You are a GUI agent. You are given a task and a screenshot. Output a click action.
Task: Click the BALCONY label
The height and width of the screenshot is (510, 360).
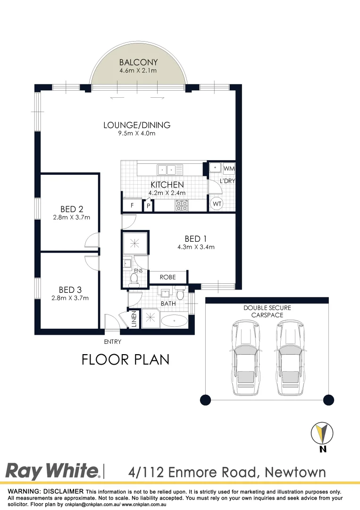[138, 62]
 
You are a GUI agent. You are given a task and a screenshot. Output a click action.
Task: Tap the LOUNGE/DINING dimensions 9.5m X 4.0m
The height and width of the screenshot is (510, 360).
[137, 133]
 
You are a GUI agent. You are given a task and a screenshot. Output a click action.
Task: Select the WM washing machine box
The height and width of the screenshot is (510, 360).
[229, 169]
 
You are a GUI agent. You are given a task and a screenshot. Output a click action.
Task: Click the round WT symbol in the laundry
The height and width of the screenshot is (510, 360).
[217, 204]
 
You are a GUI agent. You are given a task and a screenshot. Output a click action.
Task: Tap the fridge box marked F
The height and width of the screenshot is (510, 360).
[132, 205]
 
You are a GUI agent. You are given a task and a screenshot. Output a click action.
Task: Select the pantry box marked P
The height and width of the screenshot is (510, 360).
[148, 205]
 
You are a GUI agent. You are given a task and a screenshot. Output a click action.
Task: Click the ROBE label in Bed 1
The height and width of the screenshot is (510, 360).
[167, 277]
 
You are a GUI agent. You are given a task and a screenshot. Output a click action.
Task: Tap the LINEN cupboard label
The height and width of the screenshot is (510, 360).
[134, 319]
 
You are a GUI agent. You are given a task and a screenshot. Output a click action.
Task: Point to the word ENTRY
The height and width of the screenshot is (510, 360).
[112, 341]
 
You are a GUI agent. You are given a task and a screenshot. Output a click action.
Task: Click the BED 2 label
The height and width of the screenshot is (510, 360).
[72, 209]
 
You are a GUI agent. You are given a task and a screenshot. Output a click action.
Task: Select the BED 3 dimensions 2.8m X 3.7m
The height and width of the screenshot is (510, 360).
[70, 298]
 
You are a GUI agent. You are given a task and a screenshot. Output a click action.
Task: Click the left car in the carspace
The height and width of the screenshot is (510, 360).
[246, 358]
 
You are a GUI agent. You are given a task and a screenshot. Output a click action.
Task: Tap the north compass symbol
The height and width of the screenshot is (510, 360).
[322, 433]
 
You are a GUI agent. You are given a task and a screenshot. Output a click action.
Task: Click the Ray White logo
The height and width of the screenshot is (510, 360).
[52, 471]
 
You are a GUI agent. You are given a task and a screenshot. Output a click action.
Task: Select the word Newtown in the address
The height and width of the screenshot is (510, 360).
[295, 472]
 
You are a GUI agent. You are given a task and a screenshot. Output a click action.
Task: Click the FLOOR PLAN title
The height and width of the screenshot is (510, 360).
[126, 360]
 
